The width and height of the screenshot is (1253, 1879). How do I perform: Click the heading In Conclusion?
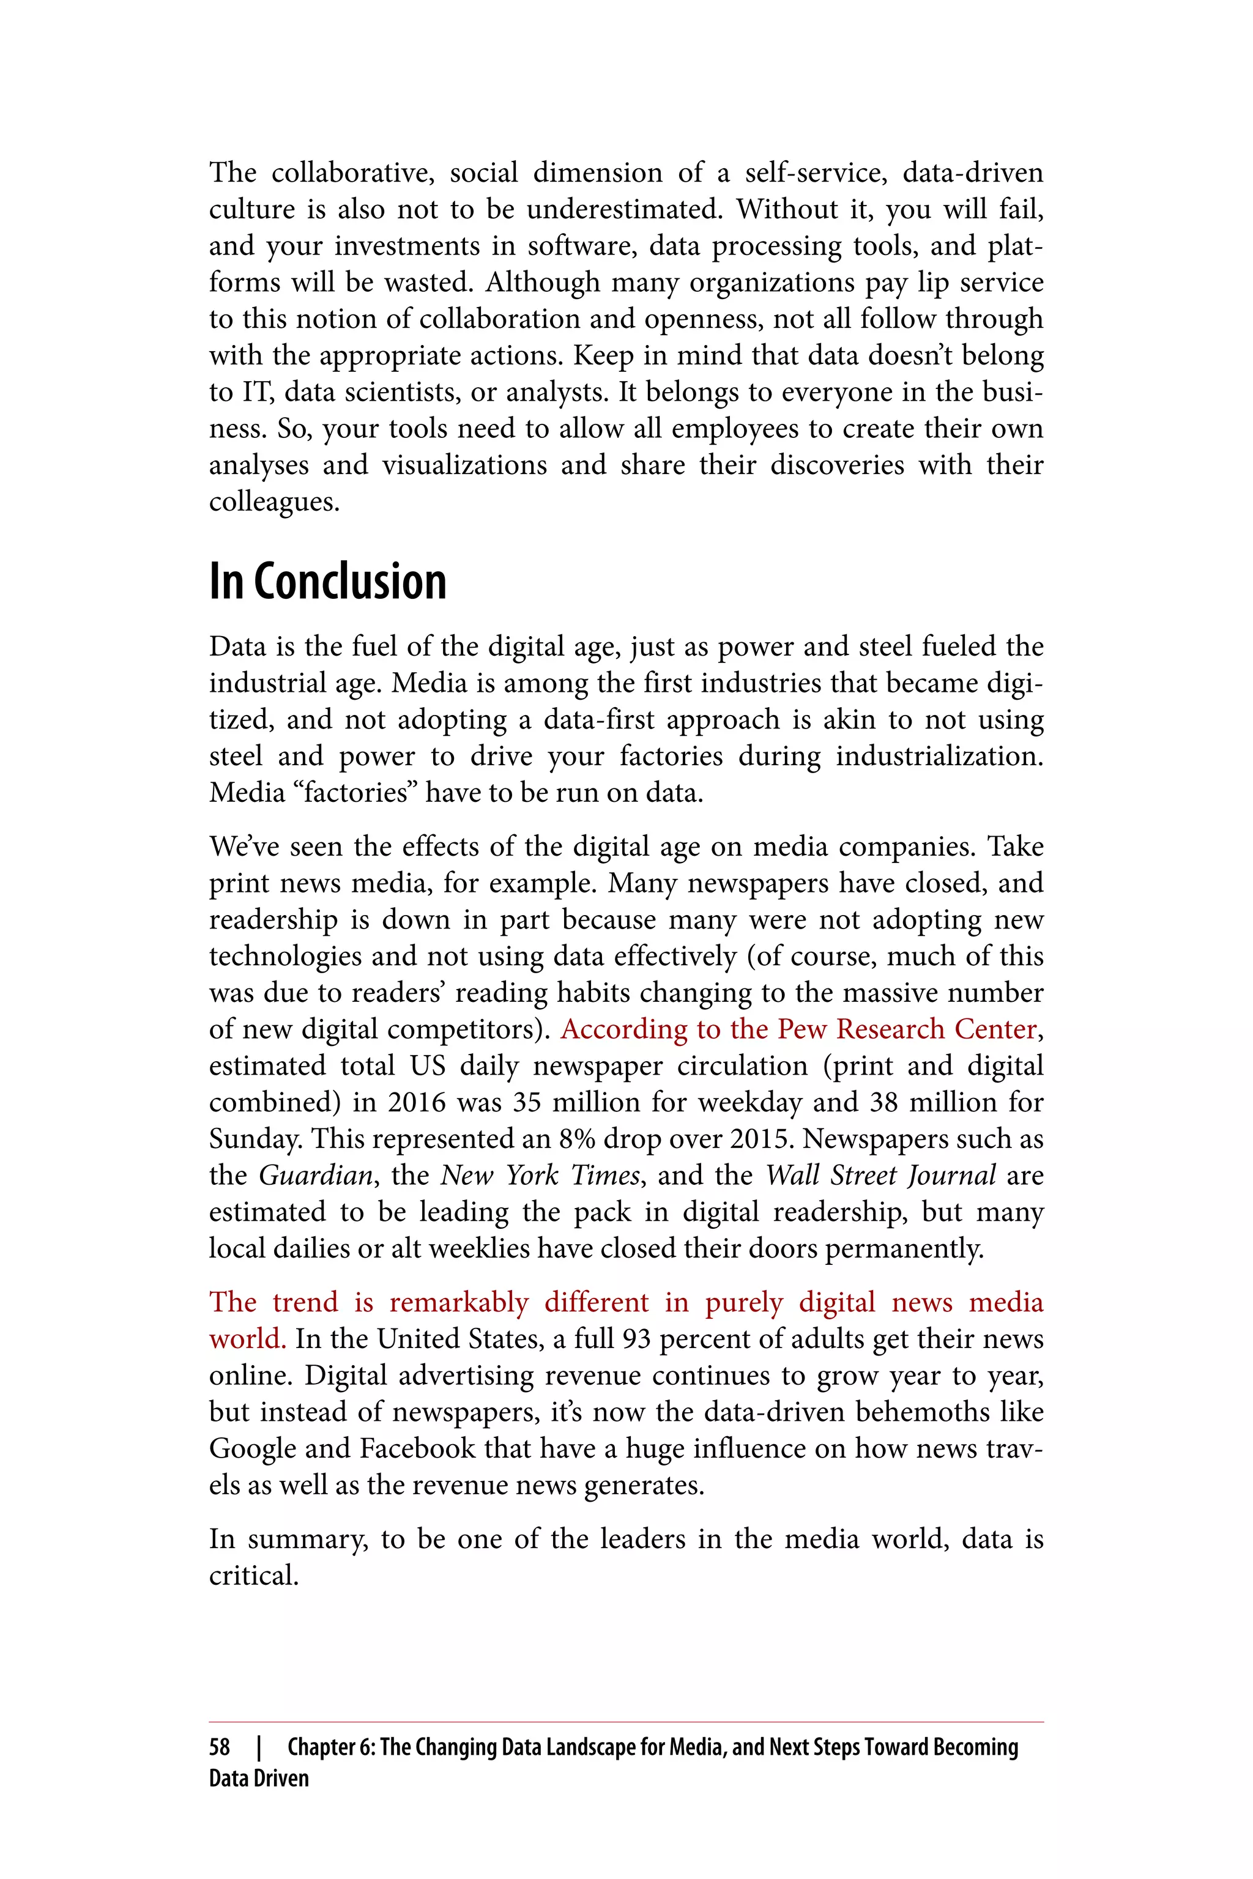(x=328, y=582)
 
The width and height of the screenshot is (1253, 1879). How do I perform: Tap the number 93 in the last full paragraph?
(x=636, y=1339)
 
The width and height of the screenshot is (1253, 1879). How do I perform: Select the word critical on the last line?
(x=253, y=1576)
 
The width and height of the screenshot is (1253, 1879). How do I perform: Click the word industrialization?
(x=939, y=757)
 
